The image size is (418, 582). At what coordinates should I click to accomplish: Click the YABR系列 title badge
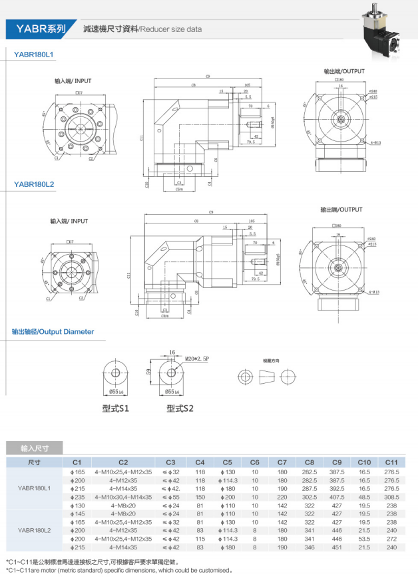[x=41, y=29]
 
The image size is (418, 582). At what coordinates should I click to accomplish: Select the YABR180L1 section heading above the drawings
[x=33, y=54]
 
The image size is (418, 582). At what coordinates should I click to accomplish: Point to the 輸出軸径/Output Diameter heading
[x=53, y=331]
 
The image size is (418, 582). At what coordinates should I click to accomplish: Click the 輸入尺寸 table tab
[x=35, y=448]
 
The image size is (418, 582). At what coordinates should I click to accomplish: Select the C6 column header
[x=254, y=461]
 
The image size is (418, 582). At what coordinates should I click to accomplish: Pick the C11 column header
[x=391, y=461]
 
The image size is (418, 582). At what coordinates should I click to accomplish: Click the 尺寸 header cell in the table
[x=35, y=461]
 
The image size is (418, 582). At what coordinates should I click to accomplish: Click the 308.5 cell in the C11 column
[x=391, y=496]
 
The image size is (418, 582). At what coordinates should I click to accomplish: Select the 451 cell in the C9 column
[x=337, y=547]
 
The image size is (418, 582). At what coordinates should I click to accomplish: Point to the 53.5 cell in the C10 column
[x=364, y=539]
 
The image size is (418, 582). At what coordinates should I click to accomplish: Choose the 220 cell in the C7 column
[x=282, y=496]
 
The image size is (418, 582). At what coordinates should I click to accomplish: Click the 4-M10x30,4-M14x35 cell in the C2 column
[x=123, y=496]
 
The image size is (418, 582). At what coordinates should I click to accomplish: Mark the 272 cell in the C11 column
[x=391, y=539]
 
